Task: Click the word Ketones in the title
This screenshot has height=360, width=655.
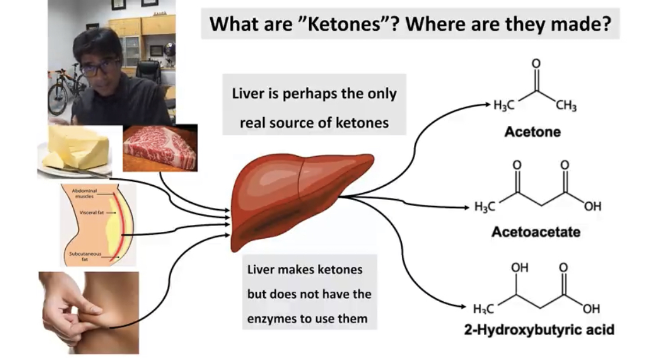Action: [x=345, y=24]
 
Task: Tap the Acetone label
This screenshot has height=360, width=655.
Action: [x=533, y=132]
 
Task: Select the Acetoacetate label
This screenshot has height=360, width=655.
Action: [x=536, y=232]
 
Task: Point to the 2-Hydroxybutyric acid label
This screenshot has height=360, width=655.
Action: [x=539, y=330]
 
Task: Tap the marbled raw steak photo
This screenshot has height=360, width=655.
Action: [x=161, y=148]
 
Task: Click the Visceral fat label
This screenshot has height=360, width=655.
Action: [x=91, y=213]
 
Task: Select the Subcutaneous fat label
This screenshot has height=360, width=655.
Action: [x=85, y=256]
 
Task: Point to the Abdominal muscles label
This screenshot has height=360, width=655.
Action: [x=84, y=193]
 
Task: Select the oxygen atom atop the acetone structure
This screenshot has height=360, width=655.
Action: [x=536, y=63]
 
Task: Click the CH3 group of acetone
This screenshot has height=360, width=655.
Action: [x=566, y=105]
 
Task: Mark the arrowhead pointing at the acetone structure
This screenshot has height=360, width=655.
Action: [x=487, y=104]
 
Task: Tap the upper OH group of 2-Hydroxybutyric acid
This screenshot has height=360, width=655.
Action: [x=519, y=267]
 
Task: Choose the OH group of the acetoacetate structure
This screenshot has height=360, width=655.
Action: [x=592, y=206]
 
